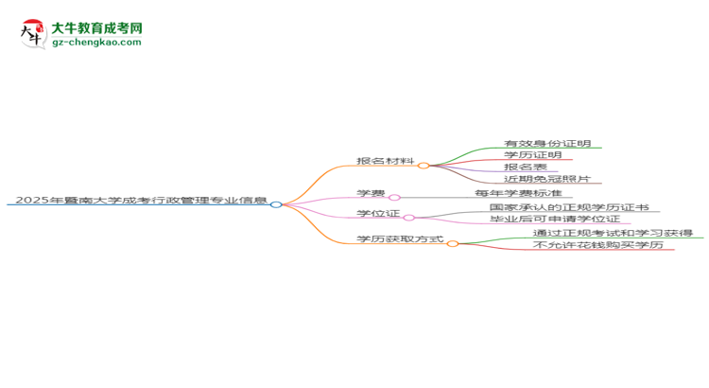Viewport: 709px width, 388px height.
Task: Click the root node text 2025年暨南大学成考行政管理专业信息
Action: (x=141, y=200)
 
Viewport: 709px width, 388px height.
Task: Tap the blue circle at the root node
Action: (x=276, y=204)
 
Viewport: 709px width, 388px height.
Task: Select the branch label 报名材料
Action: (x=386, y=161)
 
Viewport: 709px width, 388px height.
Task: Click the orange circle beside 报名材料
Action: (x=424, y=166)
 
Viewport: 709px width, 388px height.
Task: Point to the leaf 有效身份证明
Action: (x=547, y=143)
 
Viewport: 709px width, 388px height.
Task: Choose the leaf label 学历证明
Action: (x=533, y=155)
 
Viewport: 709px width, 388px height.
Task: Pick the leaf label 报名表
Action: (x=526, y=167)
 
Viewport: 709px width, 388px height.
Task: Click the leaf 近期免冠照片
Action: (x=547, y=178)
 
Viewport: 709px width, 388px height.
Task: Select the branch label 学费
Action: (x=371, y=193)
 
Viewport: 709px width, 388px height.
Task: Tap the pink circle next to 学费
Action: (x=395, y=198)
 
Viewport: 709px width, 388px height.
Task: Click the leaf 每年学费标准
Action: (x=518, y=193)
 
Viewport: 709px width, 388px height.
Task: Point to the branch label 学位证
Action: (x=378, y=213)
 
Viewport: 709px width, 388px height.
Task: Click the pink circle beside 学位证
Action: (x=408, y=218)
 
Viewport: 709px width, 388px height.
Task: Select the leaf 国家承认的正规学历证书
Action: (x=569, y=207)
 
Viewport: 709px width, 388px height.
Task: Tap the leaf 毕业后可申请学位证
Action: (x=555, y=219)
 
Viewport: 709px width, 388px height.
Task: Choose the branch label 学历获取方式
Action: (x=400, y=238)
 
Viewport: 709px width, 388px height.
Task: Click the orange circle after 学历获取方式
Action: (x=453, y=243)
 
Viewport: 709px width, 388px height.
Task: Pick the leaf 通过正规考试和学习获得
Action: (x=613, y=233)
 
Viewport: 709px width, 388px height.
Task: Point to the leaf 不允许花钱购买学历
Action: (x=598, y=244)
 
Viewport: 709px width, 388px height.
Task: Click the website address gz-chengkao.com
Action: (x=96, y=42)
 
